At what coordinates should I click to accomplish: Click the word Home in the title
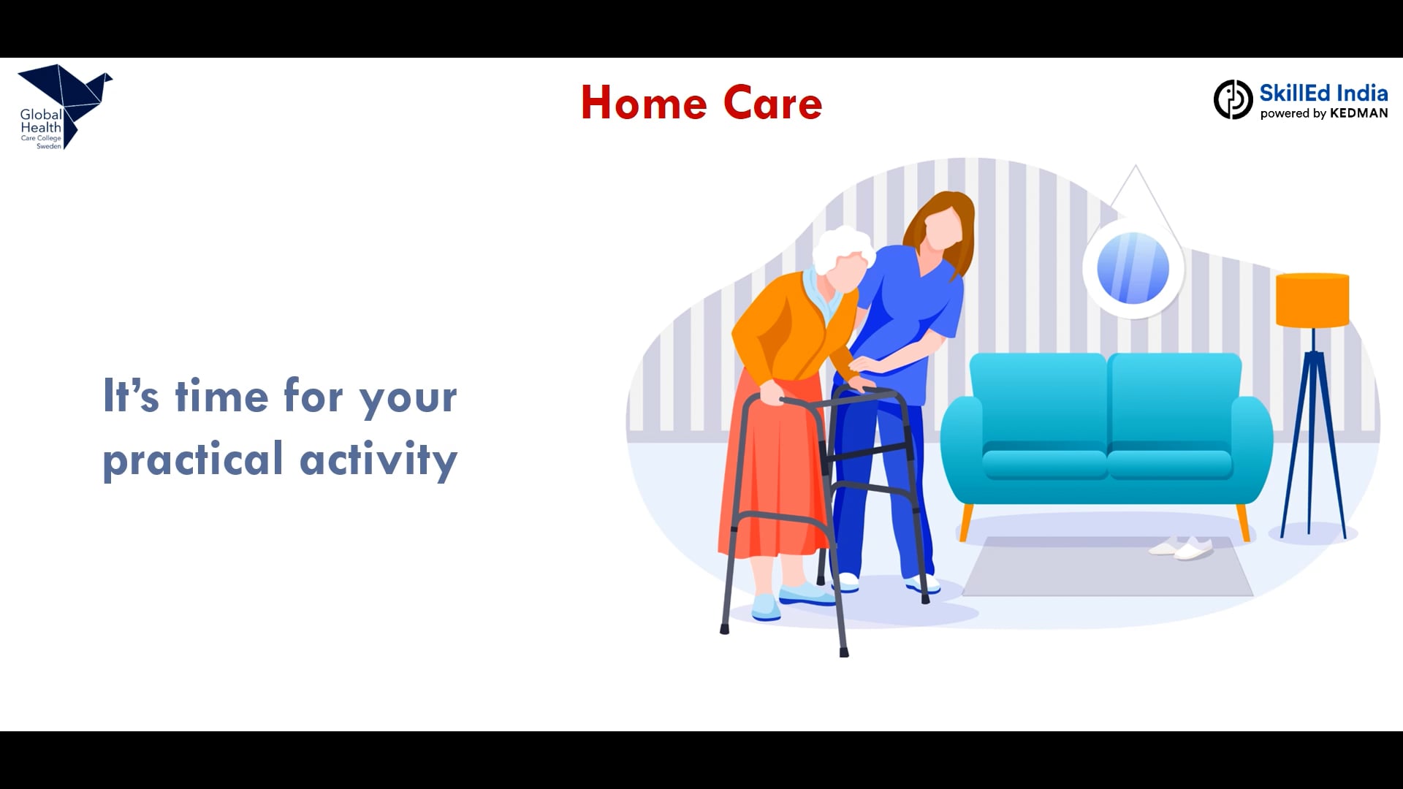click(644, 103)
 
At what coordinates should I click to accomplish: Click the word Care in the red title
click(773, 103)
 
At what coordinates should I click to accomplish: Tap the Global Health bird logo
click(64, 107)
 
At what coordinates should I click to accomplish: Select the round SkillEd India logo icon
click(1233, 99)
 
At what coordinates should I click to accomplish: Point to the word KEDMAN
click(1358, 113)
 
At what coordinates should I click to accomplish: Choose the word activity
click(379, 460)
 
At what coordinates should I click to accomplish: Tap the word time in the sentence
click(221, 396)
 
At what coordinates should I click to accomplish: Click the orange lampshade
click(1312, 300)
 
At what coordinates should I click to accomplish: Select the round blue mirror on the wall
click(1133, 268)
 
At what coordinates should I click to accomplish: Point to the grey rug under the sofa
click(1107, 567)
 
